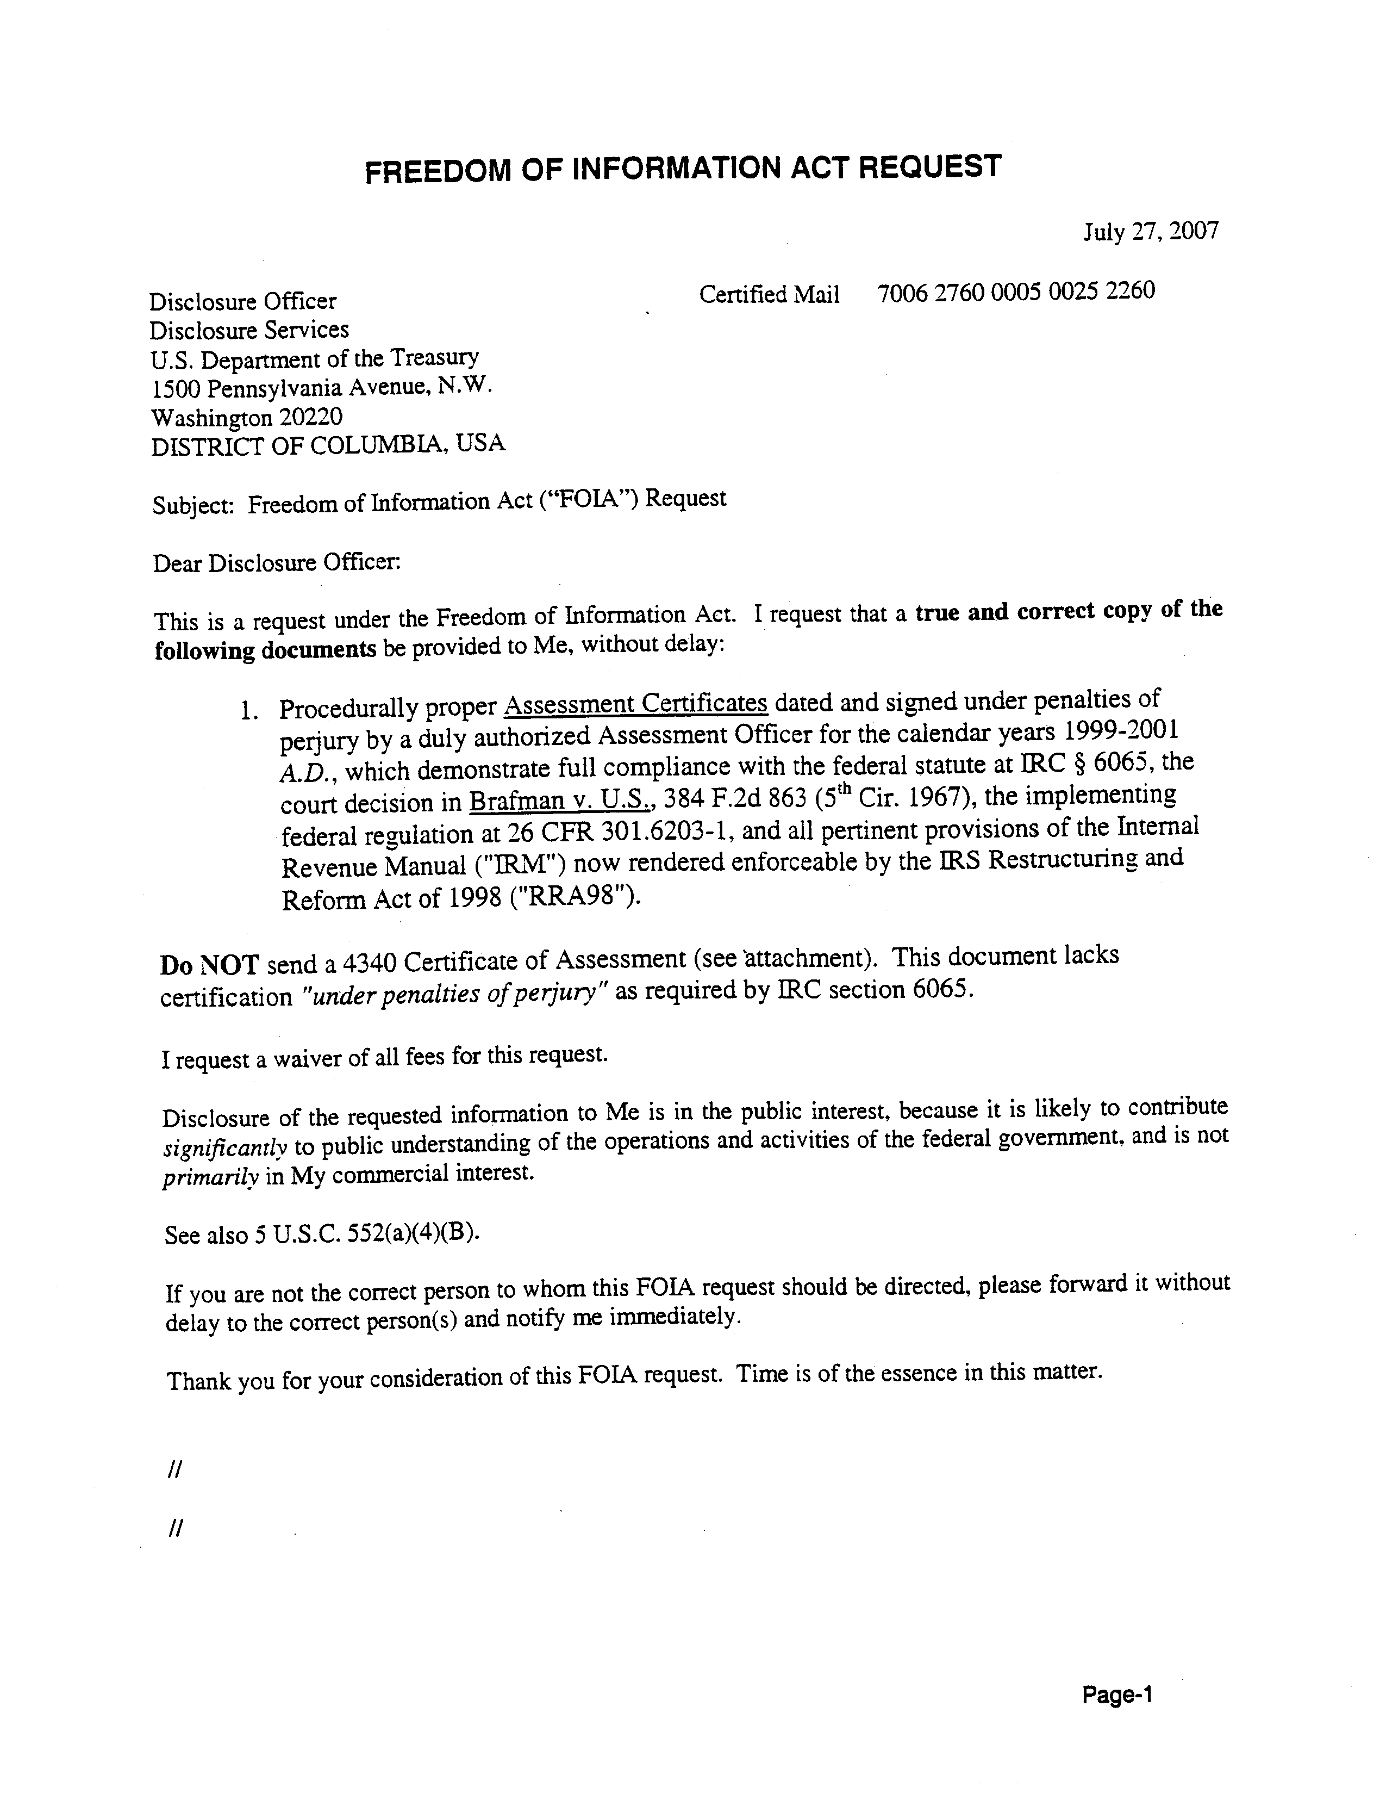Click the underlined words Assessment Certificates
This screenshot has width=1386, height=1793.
(x=635, y=704)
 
